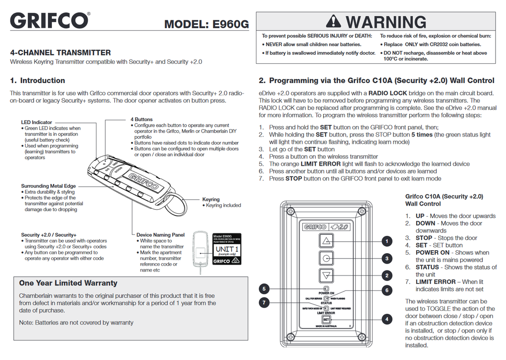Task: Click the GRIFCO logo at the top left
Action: (x=50, y=21)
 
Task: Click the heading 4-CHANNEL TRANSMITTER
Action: (x=60, y=52)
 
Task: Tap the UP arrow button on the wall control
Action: (x=326, y=241)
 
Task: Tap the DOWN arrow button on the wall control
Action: (x=326, y=275)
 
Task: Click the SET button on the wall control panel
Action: (x=326, y=319)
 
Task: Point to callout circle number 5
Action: (x=264, y=288)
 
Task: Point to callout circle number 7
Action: (x=264, y=302)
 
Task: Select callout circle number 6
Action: (x=387, y=290)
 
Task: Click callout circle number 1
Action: (x=387, y=241)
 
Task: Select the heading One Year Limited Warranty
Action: (x=68, y=283)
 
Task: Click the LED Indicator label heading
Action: (x=36, y=122)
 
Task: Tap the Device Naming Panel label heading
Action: (x=161, y=235)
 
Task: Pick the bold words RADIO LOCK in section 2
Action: (x=387, y=93)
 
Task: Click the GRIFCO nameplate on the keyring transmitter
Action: (x=143, y=182)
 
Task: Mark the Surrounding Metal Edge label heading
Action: (x=48, y=186)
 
